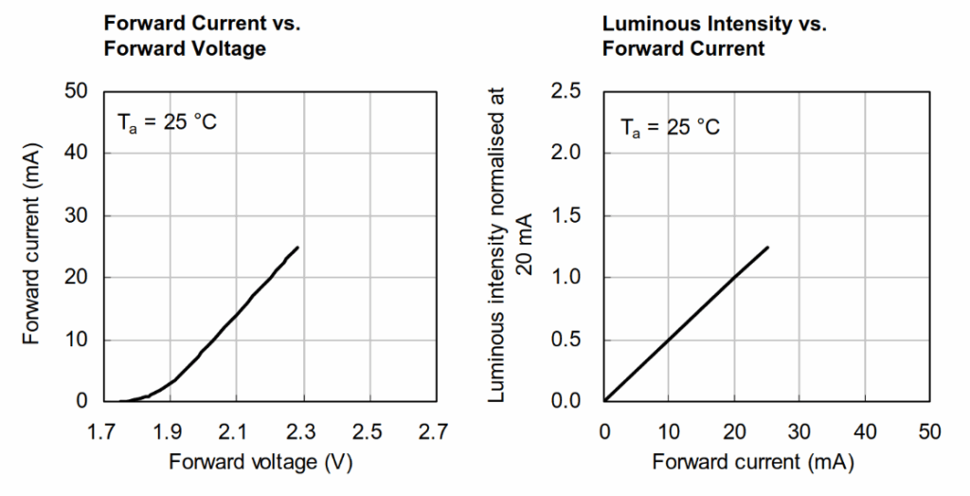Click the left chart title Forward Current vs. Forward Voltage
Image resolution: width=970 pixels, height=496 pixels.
point(185,36)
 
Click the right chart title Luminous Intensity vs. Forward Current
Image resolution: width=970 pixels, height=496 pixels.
point(714,36)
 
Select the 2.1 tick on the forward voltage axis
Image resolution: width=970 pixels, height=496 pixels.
point(234,432)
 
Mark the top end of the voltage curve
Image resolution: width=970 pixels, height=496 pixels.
point(298,248)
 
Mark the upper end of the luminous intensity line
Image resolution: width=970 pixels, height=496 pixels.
point(767,247)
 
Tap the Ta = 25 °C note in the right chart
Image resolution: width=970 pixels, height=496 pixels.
point(670,124)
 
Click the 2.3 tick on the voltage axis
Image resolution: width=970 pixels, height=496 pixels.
point(299,432)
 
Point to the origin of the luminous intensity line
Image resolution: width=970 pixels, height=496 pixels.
point(605,401)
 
